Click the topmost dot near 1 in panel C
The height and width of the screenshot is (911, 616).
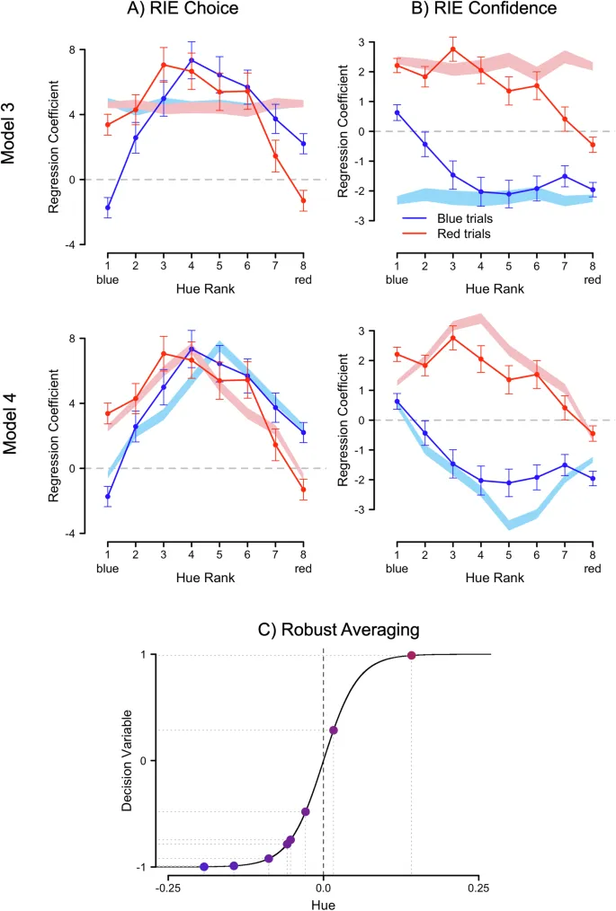coord(412,655)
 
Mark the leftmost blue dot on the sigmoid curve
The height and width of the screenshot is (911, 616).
coord(204,866)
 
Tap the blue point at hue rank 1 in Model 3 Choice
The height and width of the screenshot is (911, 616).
coord(108,208)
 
